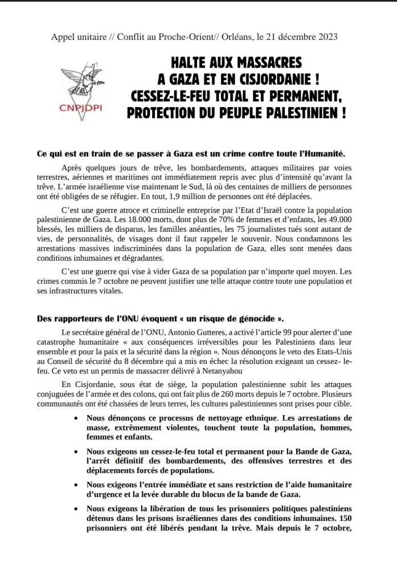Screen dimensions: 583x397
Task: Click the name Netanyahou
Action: pyautogui.click(x=226, y=371)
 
